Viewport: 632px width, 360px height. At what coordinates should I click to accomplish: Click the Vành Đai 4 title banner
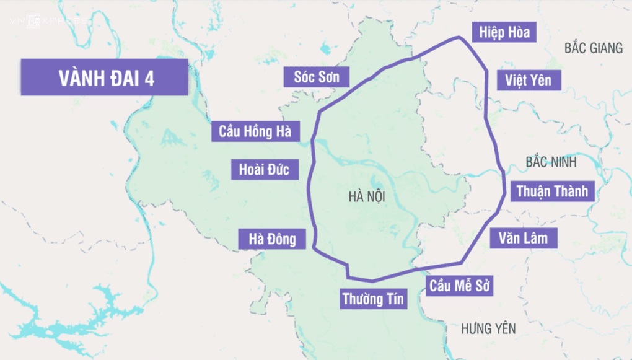pyautogui.click(x=104, y=77)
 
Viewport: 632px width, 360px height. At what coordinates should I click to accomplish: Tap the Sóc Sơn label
pyautogui.click(x=317, y=77)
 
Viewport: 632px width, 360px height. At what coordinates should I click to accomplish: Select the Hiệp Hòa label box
pyautogui.click(x=504, y=32)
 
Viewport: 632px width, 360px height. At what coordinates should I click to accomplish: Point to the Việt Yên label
pyautogui.click(x=528, y=80)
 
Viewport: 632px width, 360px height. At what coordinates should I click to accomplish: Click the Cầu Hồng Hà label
pyautogui.click(x=255, y=131)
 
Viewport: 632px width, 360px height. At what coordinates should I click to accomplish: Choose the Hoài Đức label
pyautogui.click(x=265, y=170)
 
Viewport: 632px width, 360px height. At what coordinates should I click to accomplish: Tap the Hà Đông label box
pyautogui.click(x=273, y=239)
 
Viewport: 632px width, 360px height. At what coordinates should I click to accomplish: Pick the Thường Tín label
pyautogui.click(x=374, y=299)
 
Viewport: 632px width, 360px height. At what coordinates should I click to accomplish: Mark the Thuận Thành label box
pyautogui.click(x=552, y=191)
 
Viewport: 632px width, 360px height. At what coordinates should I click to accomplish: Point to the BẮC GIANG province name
pyautogui.click(x=593, y=48)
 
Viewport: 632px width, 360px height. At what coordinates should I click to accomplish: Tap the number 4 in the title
pyautogui.click(x=148, y=77)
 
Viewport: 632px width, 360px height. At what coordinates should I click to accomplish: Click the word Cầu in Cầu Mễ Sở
pyautogui.click(x=442, y=285)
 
